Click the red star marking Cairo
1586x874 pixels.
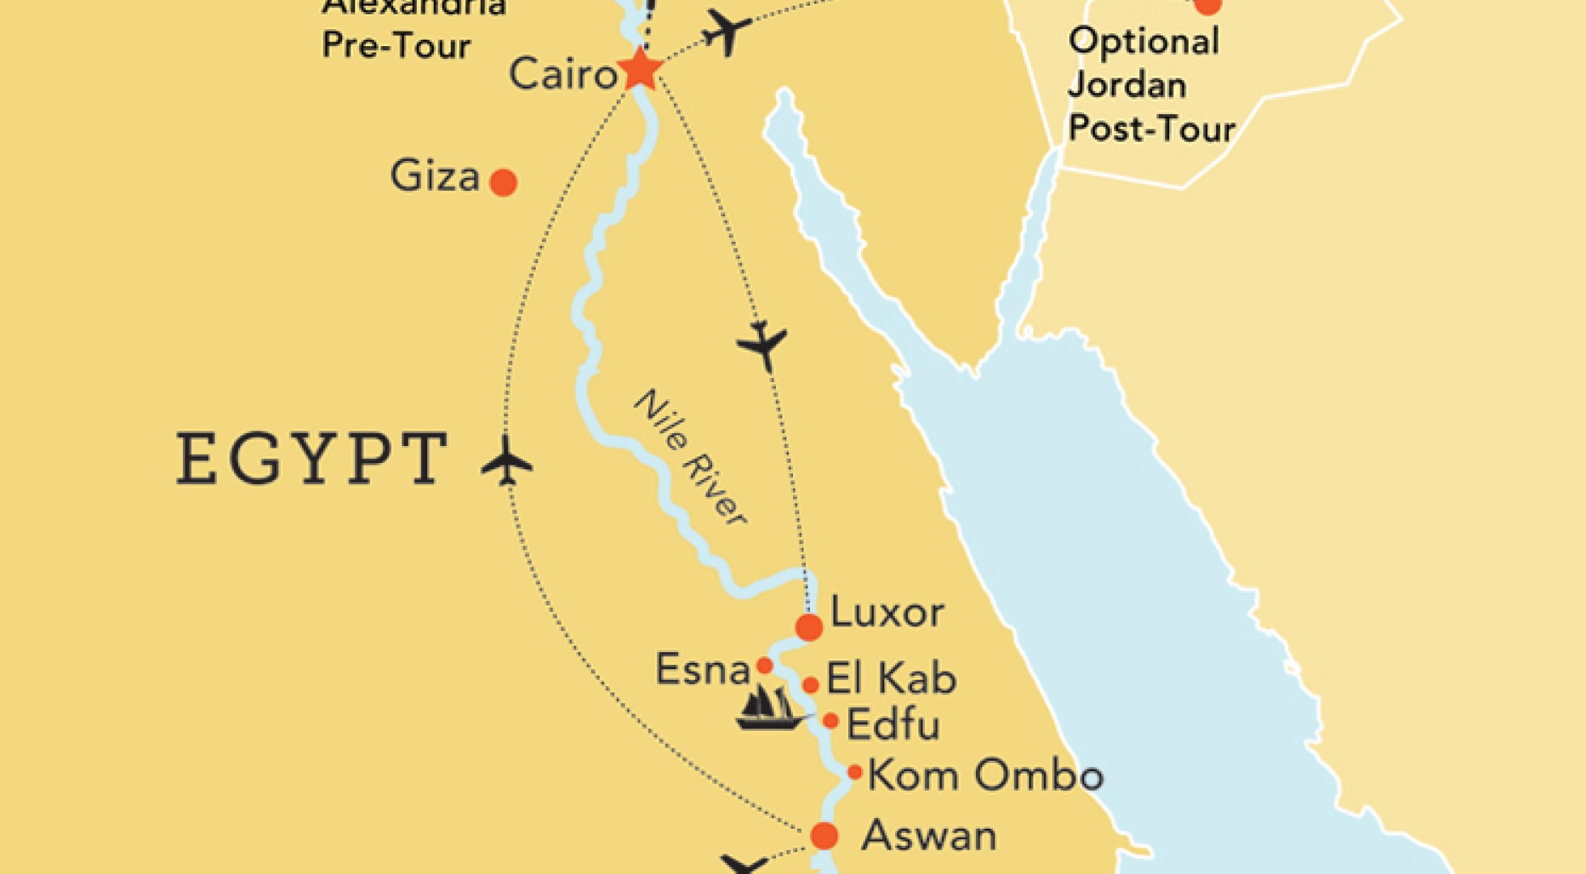pyautogui.click(x=640, y=70)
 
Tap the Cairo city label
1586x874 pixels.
pyautogui.click(x=563, y=74)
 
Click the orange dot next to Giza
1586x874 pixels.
pyautogui.click(x=503, y=183)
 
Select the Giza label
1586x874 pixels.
pyautogui.click(x=435, y=176)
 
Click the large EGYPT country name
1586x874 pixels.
pyautogui.click(x=312, y=459)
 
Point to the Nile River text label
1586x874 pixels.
pyautogui.click(x=689, y=458)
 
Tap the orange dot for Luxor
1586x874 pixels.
pyautogui.click(x=808, y=627)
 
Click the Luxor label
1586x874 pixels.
pyautogui.click(x=887, y=613)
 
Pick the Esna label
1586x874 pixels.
pyautogui.click(x=702, y=670)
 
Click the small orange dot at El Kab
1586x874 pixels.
pyautogui.click(x=810, y=685)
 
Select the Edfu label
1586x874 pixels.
pyautogui.click(x=893, y=724)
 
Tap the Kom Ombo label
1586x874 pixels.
pyautogui.click(x=985, y=775)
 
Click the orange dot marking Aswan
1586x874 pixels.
pyautogui.click(x=824, y=835)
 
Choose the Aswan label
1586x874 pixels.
pyautogui.click(x=928, y=835)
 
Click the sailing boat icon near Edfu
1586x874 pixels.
pyautogui.click(x=770, y=709)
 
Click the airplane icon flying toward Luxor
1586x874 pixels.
pyautogui.click(x=762, y=346)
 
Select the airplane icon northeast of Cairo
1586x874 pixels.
pyautogui.click(x=726, y=32)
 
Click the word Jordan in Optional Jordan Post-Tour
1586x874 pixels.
pyautogui.click(x=1126, y=85)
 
